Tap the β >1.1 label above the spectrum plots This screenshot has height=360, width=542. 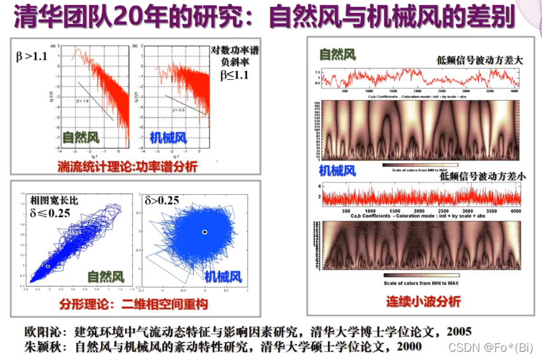(32, 57)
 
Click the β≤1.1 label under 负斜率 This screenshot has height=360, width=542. (234, 75)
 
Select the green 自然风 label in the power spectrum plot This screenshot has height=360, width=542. (80, 137)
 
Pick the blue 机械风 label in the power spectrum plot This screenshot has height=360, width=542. (168, 137)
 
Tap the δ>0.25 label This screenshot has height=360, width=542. (162, 201)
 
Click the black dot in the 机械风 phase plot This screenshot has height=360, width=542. (204, 232)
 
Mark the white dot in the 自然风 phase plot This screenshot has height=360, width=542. (48, 267)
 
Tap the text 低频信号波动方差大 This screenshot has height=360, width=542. (479, 60)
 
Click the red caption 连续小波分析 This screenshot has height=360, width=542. (424, 302)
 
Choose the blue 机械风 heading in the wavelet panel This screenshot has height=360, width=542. (337, 171)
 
